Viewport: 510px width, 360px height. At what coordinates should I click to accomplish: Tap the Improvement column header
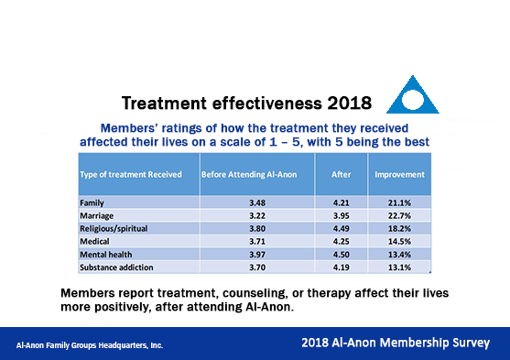click(x=399, y=174)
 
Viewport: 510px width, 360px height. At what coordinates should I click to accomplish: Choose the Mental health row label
click(x=109, y=255)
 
